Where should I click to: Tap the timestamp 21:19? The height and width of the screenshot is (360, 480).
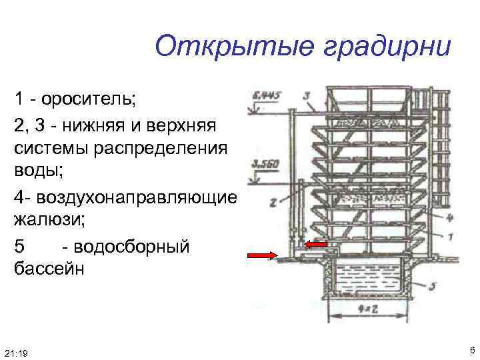[15, 351]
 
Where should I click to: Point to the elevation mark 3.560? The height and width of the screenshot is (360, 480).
[264, 164]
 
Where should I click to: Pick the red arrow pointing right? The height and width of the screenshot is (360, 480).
[263, 255]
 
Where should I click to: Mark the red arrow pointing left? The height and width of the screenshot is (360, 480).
[316, 244]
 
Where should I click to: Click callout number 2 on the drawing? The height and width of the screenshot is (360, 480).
[273, 202]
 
